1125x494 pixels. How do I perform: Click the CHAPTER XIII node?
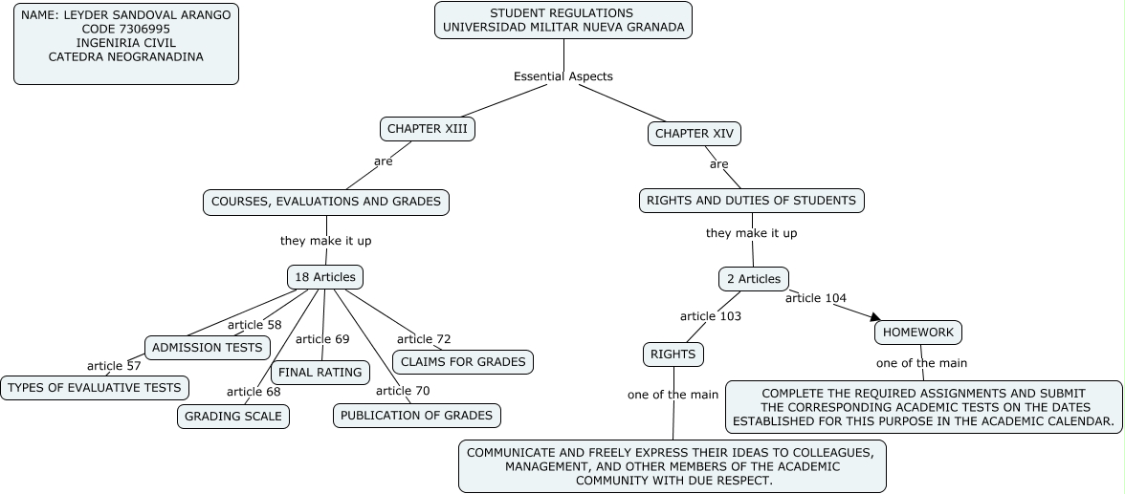[x=428, y=129]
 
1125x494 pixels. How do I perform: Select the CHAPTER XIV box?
[x=695, y=134]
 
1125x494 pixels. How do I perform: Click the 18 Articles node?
[x=325, y=277]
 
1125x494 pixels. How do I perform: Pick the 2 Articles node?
[x=754, y=279]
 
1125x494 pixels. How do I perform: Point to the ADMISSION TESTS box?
[x=207, y=348]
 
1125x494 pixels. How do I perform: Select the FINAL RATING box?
[x=320, y=373]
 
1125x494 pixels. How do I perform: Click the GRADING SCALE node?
[x=232, y=417]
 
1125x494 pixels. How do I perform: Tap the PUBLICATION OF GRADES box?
[x=416, y=416]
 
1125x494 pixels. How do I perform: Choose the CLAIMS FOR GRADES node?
[x=463, y=362]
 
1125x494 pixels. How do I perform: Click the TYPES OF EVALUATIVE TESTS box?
[x=94, y=388]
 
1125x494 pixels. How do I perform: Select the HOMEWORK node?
[x=918, y=333]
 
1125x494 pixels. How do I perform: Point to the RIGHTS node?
[x=673, y=354]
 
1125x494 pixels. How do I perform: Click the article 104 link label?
[x=815, y=298]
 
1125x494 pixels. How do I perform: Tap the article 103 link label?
[x=710, y=316]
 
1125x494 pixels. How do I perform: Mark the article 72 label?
[x=424, y=339]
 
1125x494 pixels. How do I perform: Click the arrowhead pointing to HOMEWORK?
[x=873, y=316]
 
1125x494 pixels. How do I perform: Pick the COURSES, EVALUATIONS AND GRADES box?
[x=326, y=202]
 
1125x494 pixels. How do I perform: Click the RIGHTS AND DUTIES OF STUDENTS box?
[x=751, y=201]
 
